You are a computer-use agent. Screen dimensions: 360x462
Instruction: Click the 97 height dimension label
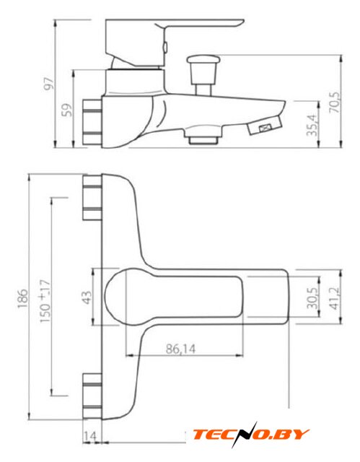49,83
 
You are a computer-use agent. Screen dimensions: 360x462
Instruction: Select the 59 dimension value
67,110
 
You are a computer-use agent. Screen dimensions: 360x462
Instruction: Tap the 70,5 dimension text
335,103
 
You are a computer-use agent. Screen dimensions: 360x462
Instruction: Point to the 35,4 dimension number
312,125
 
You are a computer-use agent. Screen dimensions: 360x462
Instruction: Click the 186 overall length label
22,298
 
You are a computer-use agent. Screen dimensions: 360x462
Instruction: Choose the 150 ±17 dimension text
45,301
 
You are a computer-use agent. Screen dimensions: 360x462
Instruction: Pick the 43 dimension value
87,297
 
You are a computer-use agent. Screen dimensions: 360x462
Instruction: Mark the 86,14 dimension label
180,349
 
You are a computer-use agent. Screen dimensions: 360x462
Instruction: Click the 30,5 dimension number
312,298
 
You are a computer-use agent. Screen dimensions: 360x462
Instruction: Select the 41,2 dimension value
335,298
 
